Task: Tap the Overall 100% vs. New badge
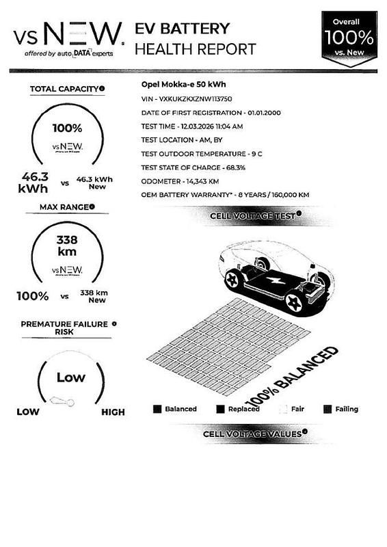point(349,37)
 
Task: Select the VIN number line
point(185,99)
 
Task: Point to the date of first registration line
point(211,113)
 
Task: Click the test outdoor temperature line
point(201,154)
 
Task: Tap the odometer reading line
point(180,181)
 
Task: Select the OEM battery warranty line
point(225,195)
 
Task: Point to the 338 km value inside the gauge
point(67,245)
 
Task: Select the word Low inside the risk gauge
point(71,377)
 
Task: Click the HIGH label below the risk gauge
point(113,412)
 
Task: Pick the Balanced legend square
point(157,409)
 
